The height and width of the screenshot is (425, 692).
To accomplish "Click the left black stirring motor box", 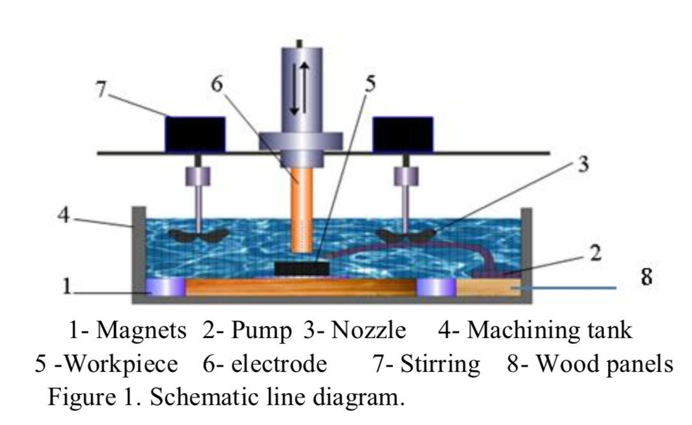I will (195, 134).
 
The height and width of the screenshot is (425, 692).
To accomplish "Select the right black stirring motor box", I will (403, 134).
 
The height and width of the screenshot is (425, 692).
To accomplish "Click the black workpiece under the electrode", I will (302, 268).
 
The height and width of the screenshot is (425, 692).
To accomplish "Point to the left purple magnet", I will (165, 288).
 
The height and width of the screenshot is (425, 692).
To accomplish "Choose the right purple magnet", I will (436, 288).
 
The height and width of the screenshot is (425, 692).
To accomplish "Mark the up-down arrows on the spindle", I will (299, 89).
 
